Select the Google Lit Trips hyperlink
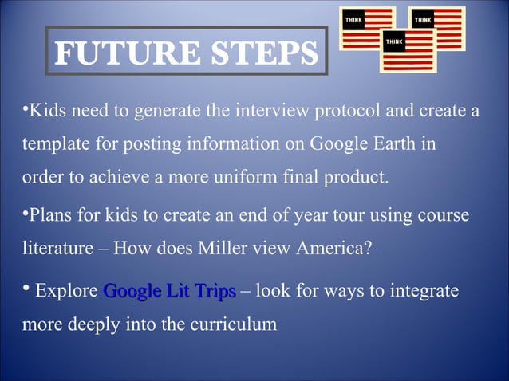click(x=169, y=292)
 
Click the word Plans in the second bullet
click(x=49, y=216)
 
